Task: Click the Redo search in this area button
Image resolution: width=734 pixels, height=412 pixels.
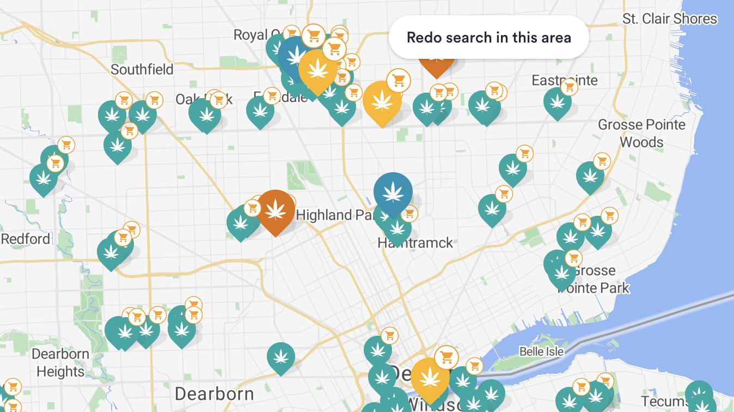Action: (x=488, y=37)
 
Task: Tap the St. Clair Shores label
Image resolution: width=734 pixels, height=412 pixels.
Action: (x=670, y=19)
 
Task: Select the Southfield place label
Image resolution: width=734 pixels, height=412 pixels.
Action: (x=142, y=69)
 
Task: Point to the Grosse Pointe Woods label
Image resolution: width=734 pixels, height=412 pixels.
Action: (x=641, y=134)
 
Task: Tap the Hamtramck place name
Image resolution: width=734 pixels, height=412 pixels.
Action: (x=415, y=243)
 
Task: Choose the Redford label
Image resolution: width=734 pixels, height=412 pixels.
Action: (x=25, y=239)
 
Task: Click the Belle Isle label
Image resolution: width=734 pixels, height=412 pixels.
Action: (x=541, y=352)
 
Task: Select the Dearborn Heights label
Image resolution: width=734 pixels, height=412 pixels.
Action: (x=60, y=363)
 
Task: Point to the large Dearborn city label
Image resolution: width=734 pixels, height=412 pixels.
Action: (x=214, y=393)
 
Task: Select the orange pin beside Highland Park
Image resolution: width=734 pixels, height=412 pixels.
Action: (x=276, y=210)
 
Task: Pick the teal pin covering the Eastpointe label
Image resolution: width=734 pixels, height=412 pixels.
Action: (x=557, y=102)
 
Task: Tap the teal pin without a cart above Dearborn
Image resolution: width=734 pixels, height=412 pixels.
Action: (x=281, y=356)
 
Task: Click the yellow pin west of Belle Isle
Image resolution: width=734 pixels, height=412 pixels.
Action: (x=430, y=378)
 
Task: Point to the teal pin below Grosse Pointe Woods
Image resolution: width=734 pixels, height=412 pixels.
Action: (x=590, y=175)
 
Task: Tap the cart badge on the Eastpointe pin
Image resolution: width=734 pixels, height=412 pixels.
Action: (x=570, y=87)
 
